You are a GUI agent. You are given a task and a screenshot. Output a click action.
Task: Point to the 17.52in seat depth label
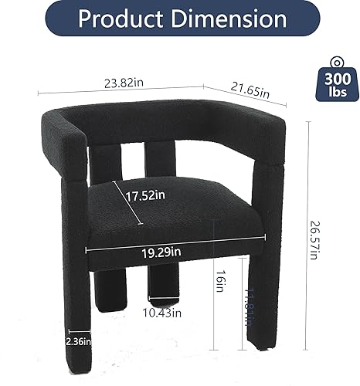pos(146,196)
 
